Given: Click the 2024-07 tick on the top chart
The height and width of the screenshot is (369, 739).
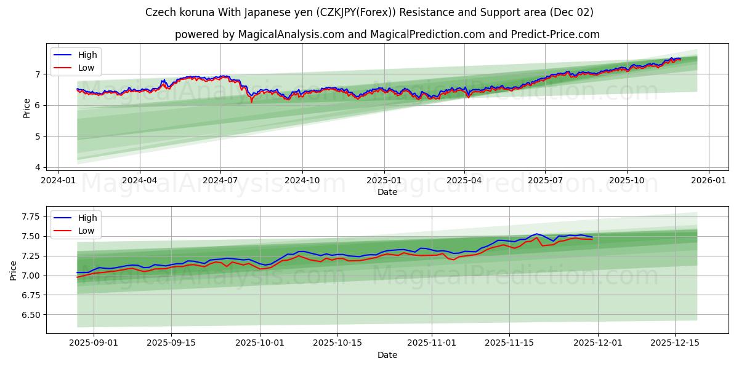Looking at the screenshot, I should [220, 180].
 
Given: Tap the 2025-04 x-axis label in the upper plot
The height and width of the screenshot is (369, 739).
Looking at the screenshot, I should [464, 180].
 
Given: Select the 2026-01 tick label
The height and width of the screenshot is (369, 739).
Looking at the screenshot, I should [708, 180].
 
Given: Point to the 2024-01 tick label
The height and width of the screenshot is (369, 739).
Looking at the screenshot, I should [59, 180].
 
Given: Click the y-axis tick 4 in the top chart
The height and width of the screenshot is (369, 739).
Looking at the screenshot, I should [37, 167].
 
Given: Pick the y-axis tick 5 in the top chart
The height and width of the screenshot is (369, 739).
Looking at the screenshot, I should [37, 137].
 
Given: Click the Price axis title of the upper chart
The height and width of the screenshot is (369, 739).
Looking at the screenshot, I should [26, 108].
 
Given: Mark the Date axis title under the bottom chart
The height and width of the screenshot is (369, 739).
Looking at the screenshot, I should [387, 355].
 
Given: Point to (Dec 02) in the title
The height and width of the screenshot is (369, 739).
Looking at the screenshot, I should [572, 12].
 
